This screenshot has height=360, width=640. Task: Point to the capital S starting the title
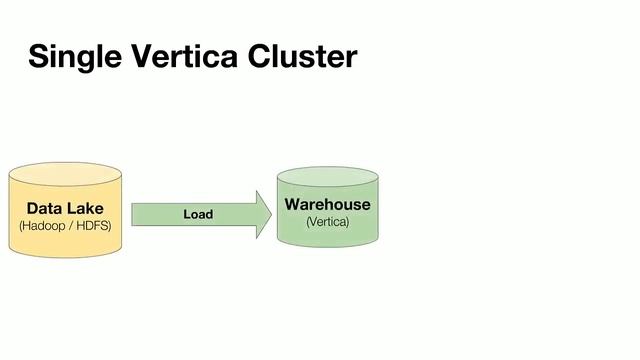click(38, 56)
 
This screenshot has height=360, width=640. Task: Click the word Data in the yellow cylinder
click(44, 209)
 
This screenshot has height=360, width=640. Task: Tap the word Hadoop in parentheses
click(44, 227)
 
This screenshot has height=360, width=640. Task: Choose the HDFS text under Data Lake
click(92, 227)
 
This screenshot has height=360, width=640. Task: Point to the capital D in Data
click(32, 209)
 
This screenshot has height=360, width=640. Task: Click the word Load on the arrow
click(198, 214)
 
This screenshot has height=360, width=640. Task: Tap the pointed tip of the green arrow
click(270, 214)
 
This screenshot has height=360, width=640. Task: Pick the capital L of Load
click(186, 214)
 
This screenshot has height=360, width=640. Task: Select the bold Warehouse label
click(327, 204)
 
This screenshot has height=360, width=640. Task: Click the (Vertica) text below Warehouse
click(327, 221)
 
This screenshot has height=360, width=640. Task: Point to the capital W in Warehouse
click(293, 204)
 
